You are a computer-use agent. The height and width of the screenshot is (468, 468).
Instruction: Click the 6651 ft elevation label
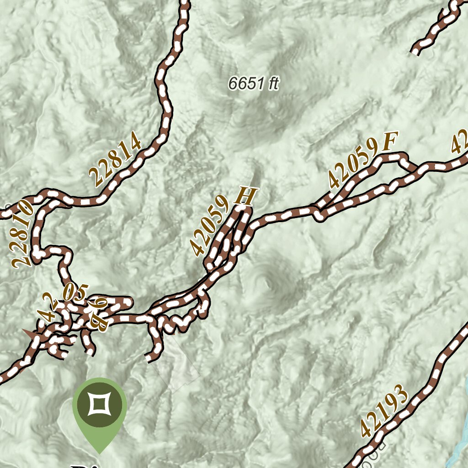pyautogui.click(x=253, y=84)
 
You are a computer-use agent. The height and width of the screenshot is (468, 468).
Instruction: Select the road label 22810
pyautogui.click(x=23, y=233)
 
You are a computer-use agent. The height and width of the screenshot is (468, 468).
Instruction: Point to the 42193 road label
pyautogui.click(x=383, y=411)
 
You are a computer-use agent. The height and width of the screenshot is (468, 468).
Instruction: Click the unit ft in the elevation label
pyautogui.click(x=273, y=84)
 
